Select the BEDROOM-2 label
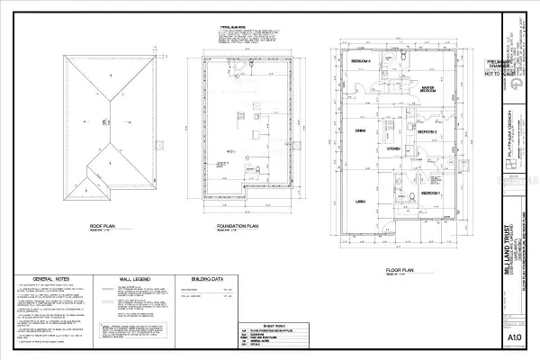[427, 132]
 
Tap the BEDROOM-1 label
[431, 194]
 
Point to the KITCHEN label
[393, 148]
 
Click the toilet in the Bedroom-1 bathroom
[410, 194]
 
